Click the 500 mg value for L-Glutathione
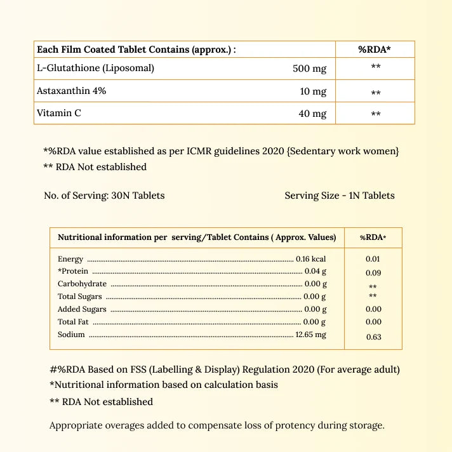(x=309, y=69)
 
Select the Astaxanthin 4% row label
(x=71, y=91)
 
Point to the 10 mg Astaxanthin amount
(x=313, y=91)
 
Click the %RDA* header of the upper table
(x=375, y=50)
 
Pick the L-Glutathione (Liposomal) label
(x=95, y=68)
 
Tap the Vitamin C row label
(x=59, y=114)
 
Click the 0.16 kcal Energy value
(x=310, y=259)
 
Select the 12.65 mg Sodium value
(x=310, y=335)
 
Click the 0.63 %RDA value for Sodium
(x=374, y=337)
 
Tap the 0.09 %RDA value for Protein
(x=374, y=273)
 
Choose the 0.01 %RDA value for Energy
(x=373, y=259)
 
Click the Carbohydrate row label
(x=82, y=284)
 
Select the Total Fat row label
(x=73, y=322)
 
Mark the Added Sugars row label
(x=82, y=309)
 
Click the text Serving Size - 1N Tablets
(x=340, y=196)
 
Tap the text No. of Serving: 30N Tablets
(x=104, y=196)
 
